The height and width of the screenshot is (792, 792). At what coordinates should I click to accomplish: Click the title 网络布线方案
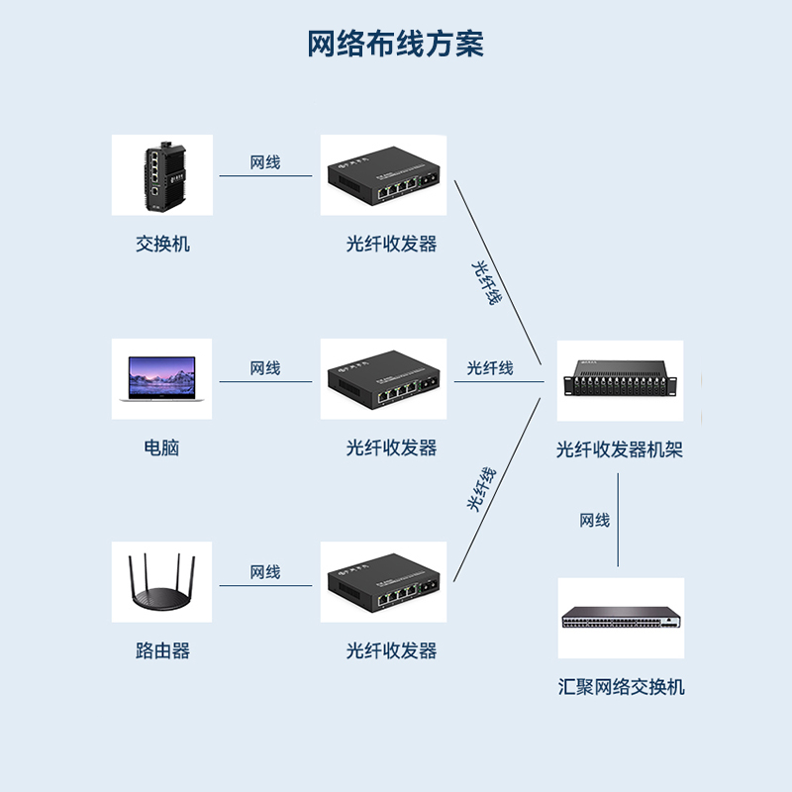[x=395, y=45]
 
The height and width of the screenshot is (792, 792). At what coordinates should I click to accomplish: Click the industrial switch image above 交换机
[x=161, y=175]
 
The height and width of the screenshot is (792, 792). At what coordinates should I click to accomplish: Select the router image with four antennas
[x=161, y=582]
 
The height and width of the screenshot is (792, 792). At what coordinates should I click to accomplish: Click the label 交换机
[x=162, y=244]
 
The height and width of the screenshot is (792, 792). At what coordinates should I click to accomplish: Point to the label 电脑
[x=161, y=447]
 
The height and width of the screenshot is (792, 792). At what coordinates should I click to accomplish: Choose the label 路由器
[x=162, y=650]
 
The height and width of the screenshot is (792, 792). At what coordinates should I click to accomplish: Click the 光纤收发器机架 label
[x=620, y=450]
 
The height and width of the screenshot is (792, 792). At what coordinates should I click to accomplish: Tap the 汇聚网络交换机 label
[x=621, y=687]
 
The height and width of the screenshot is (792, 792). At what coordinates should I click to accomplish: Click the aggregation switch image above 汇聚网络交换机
[x=621, y=619]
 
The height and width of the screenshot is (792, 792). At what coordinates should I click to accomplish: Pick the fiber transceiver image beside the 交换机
[x=383, y=175]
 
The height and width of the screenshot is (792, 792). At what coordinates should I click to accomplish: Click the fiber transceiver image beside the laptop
[x=383, y=379]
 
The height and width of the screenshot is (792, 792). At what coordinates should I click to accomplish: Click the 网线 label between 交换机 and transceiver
[x=265, y=162]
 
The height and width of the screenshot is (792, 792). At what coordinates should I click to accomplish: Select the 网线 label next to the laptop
[x=265, y=368]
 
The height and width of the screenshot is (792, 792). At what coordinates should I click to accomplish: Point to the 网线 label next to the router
[x=265, y=572]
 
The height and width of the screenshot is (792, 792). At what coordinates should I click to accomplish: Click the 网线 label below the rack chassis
[x=595, y=521]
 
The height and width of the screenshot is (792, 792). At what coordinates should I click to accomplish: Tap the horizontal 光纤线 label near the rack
[x=490, y=368]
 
